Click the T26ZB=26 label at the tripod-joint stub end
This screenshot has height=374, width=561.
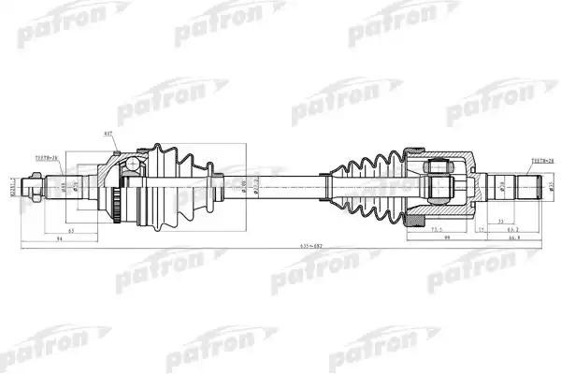543,161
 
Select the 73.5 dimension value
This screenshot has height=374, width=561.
434,227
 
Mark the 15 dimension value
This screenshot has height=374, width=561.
482,228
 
